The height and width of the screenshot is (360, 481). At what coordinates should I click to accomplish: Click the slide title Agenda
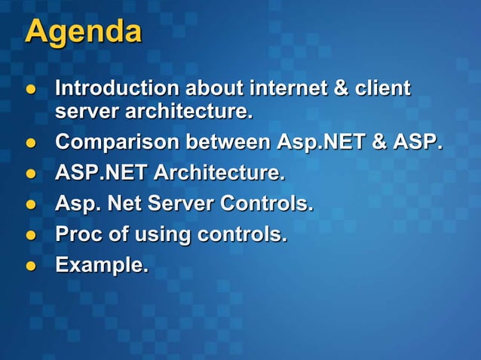coord(83,32)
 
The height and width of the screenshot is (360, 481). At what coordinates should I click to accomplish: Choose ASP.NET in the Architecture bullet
coord(102,173)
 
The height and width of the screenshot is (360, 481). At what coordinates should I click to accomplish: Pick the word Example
coord(101,266)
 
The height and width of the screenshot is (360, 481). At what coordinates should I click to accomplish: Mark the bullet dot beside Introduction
coord(32,90)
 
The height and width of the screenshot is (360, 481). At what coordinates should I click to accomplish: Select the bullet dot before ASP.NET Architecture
coord(32,174)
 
